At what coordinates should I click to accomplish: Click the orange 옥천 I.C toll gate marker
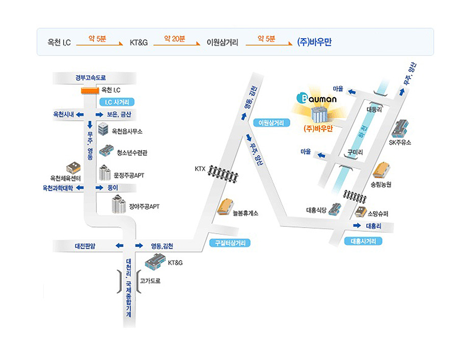click(90, 91)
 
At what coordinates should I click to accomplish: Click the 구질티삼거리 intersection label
click(230, 243)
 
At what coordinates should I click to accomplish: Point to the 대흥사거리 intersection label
click(363, 241)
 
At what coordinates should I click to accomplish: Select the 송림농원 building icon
click(382, 170)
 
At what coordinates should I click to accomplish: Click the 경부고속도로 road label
click(90, 78)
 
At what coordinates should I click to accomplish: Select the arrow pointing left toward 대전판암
click(119, 246)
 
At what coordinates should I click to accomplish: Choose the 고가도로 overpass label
click(150, 280)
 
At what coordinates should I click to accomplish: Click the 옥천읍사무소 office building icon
click(103, 128)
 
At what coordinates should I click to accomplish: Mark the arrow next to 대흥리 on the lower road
click(357, 226)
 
